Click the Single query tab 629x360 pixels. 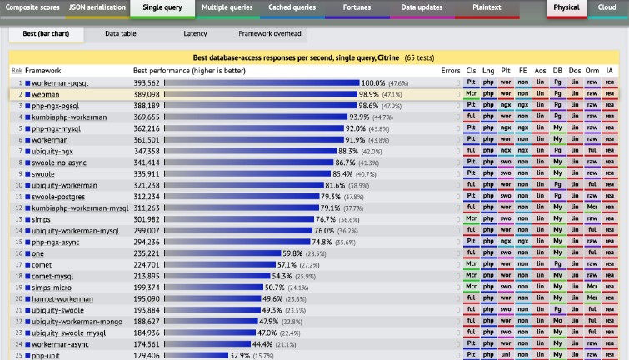(162, 7)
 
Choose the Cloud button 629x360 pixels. (607, 7)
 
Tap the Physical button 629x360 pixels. (567, 7)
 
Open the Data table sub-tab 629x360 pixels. (122, 34)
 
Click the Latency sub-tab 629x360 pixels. (195, 34)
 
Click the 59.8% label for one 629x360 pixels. (292, 253)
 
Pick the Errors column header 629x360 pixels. (450, 71)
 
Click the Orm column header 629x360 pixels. (592, 71)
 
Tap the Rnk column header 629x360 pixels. (17, 71)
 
